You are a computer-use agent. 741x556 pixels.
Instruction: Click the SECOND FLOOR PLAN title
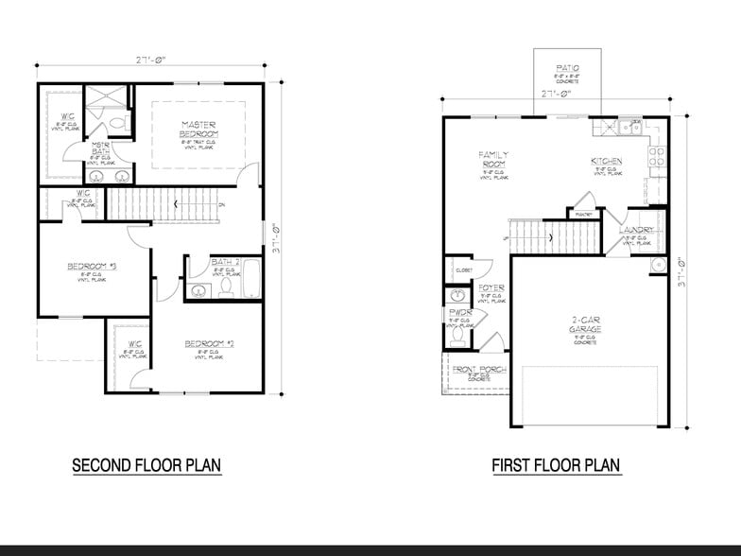point(146,465)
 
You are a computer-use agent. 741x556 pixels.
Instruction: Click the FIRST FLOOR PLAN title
point(556,465)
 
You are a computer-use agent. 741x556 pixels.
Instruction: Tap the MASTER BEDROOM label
point(199,130)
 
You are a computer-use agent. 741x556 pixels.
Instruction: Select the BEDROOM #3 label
point(91,267)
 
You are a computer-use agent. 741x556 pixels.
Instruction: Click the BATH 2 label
point(225,262)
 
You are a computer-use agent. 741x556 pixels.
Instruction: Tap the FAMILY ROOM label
point(493,159)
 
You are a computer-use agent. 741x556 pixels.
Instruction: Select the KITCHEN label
point(607,162)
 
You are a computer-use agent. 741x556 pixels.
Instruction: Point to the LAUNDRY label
point(636,231)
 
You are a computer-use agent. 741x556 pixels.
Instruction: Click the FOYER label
point(491,287)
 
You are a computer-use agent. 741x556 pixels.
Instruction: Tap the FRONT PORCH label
point(478,370)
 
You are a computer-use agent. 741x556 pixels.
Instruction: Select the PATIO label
point(567,68)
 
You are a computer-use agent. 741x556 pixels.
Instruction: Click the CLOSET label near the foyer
point(463,270)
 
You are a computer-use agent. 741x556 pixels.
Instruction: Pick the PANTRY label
point(583,214)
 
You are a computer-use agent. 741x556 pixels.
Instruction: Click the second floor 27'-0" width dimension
point(150,59)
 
